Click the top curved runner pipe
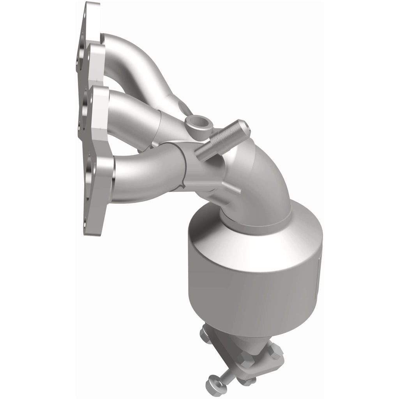click(132, 58)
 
